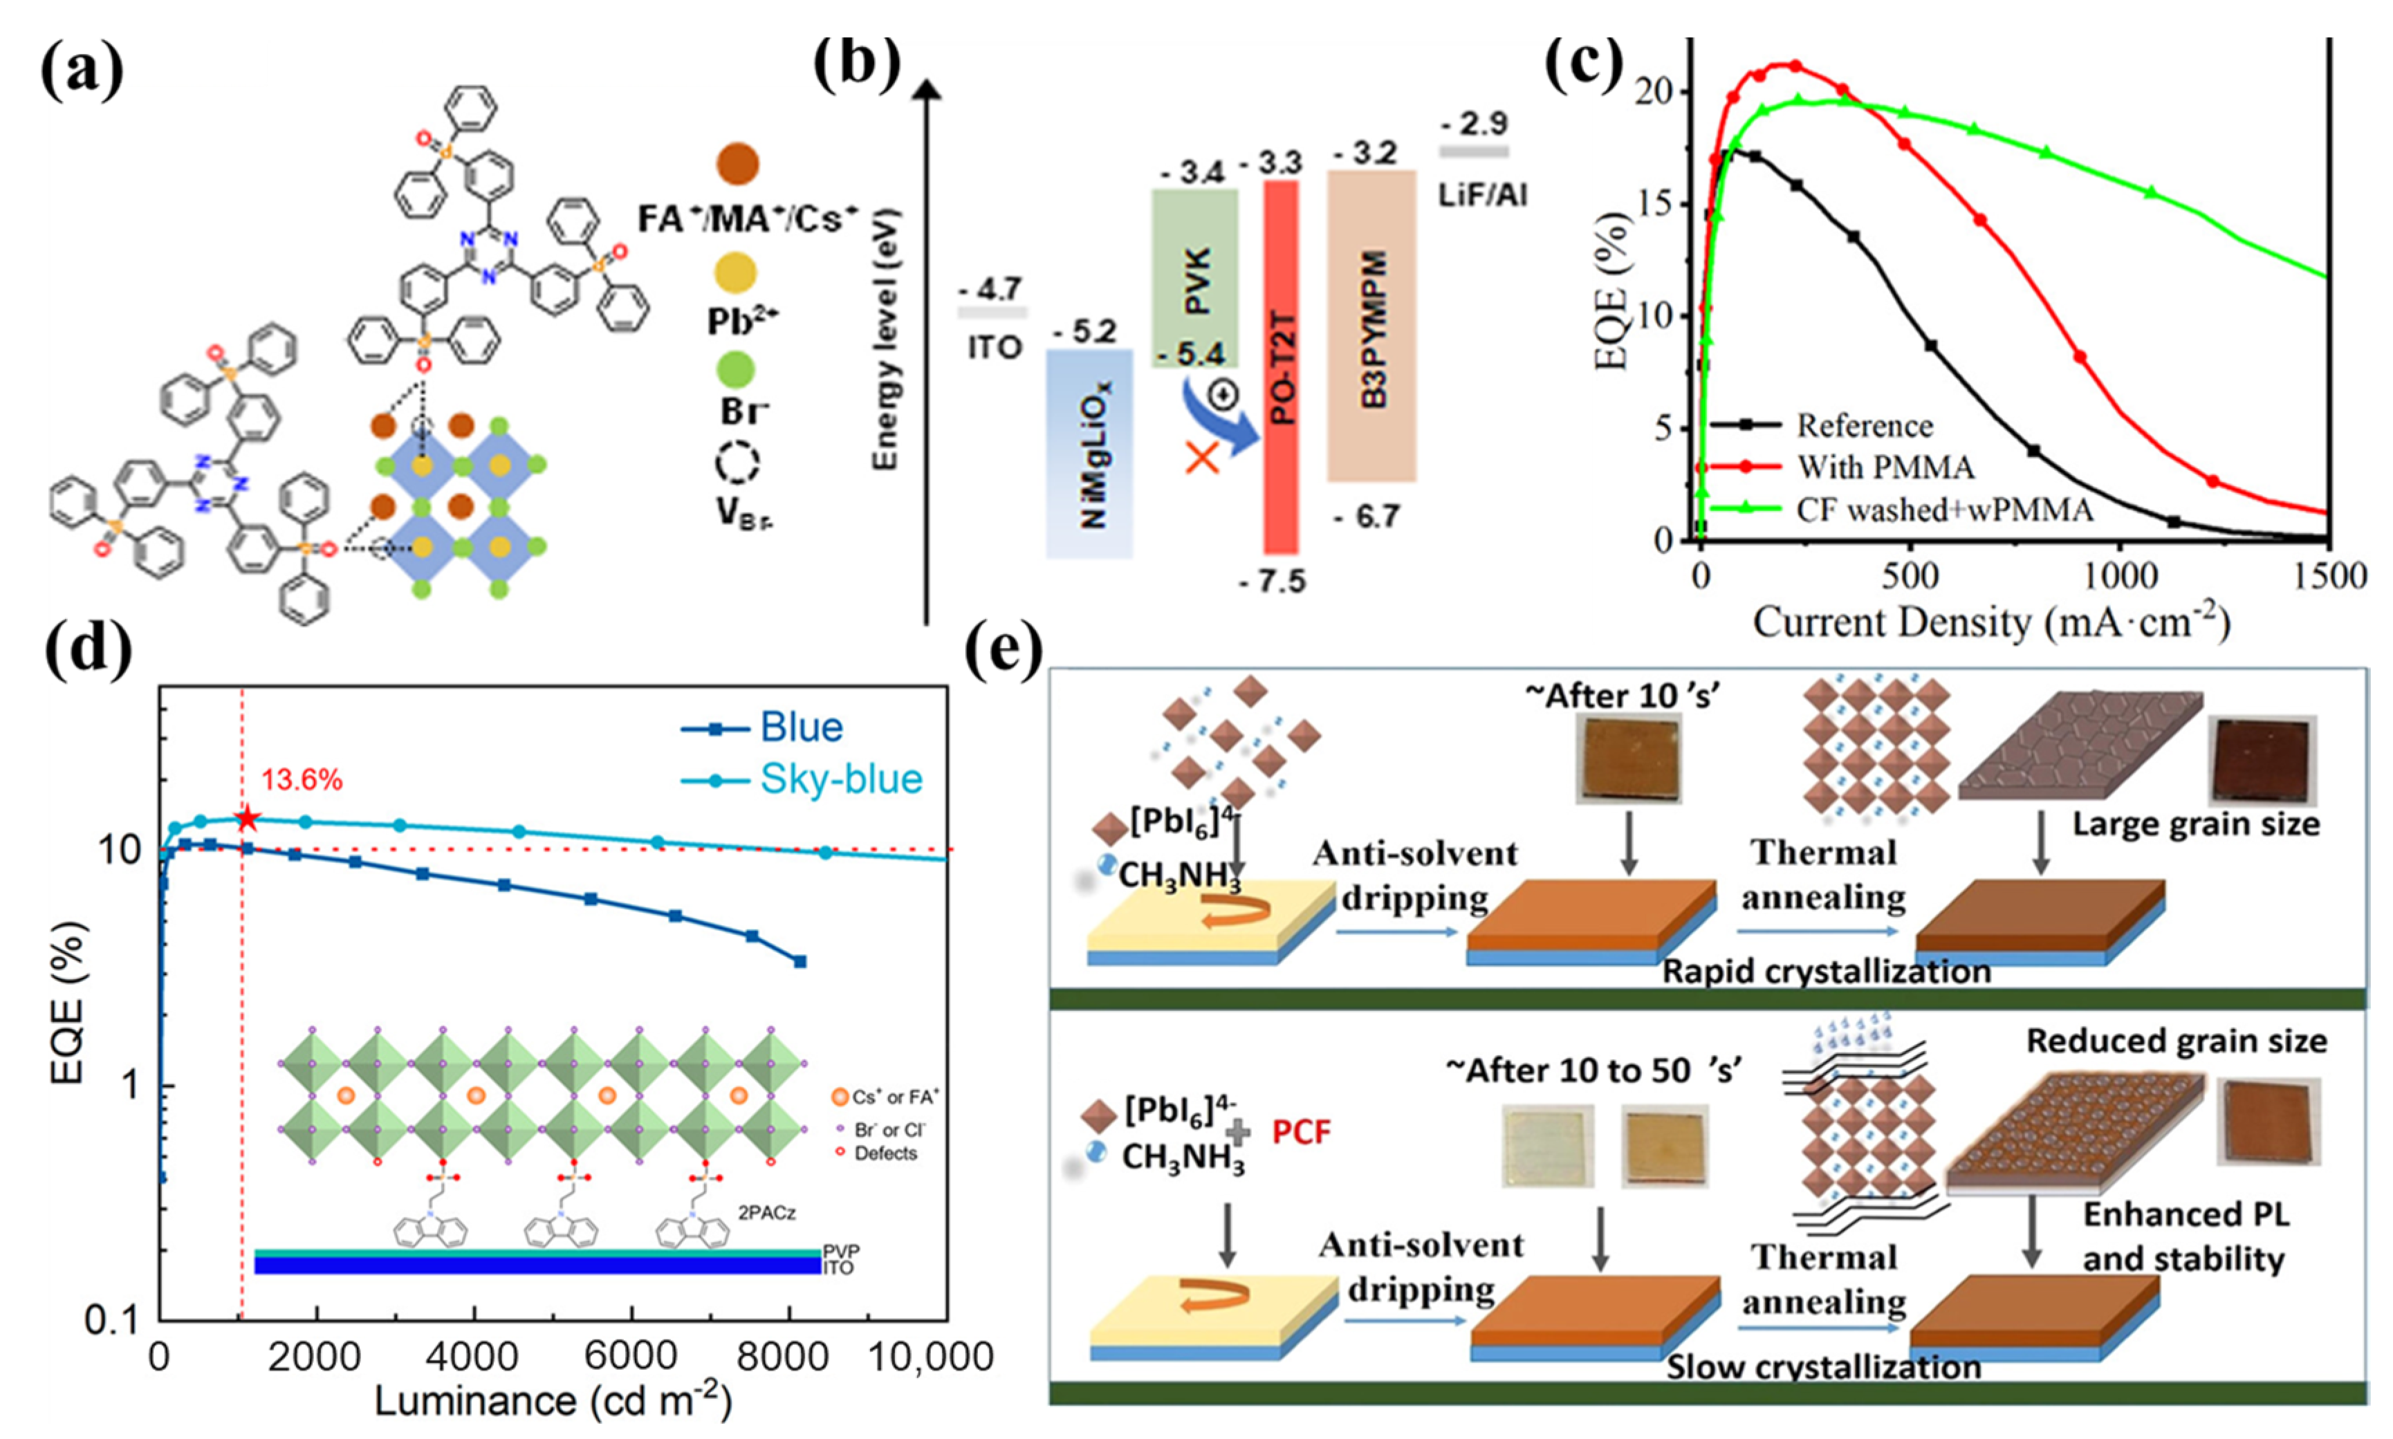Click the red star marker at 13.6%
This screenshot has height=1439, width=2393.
(247, 819)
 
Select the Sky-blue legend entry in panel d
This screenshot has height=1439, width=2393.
(840, 779)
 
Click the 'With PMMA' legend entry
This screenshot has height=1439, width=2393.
(1885, 467)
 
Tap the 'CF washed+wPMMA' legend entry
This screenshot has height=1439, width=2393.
(1944, 509)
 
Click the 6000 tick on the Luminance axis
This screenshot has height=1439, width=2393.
(632, 1357)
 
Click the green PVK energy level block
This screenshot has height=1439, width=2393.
(1194, 278)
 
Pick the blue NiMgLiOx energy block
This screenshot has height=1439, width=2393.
(1089, 453)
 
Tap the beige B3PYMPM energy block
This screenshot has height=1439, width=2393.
(1370, 326)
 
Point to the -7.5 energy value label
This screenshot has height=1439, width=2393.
(1272, 582)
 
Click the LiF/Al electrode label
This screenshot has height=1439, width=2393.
(1483, 196)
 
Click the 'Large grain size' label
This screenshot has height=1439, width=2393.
(2196, 824)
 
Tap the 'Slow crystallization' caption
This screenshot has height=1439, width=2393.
(1823, 1367)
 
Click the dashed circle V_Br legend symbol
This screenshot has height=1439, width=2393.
(738, 465)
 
